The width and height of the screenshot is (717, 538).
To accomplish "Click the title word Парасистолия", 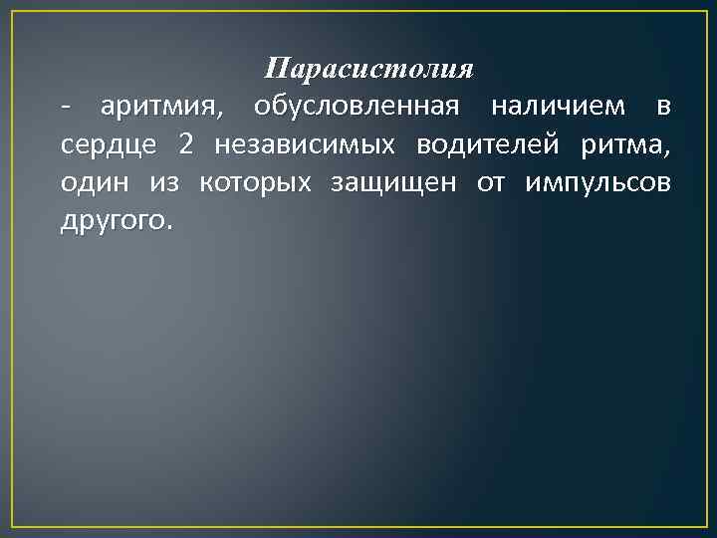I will click(368, 70).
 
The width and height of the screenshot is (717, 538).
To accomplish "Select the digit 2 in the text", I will click(186, 143).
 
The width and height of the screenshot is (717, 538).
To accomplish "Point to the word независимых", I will click(304, 143).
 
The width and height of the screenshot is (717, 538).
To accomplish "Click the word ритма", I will click(623, 145).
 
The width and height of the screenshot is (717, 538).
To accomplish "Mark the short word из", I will click(164, 183).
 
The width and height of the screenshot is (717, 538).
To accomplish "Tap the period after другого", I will click(168, 227).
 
